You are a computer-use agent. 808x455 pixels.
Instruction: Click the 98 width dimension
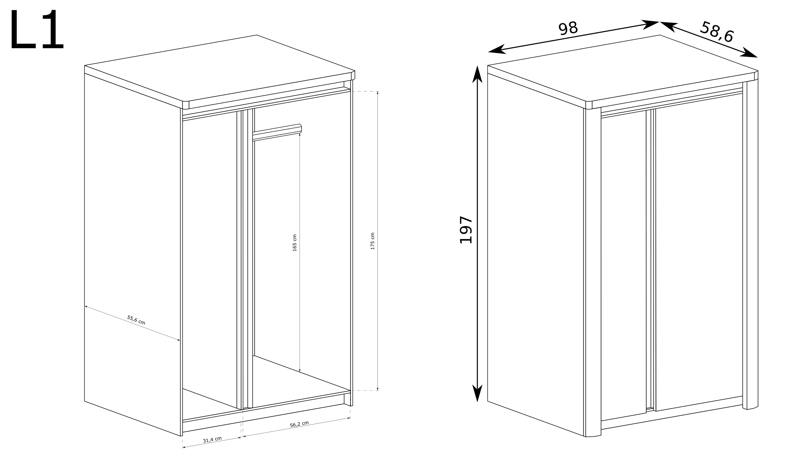568,28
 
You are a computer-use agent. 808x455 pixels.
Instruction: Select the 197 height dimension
466,230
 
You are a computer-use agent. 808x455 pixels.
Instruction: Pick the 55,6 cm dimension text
136,320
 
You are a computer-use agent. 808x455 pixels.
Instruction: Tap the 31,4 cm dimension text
212,440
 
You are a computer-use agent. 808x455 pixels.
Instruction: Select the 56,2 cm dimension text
299,424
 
